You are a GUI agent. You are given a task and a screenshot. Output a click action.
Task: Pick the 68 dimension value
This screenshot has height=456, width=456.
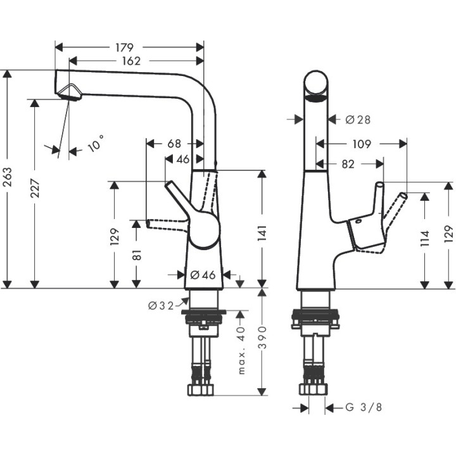[x=174, y=144]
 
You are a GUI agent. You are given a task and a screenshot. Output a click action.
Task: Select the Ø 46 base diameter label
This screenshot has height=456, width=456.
[x=203, y=275]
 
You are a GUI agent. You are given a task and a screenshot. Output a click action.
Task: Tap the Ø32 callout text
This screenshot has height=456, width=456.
[x=161, y=306]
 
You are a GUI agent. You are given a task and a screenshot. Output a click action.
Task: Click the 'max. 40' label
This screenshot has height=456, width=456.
[x=241, y=351]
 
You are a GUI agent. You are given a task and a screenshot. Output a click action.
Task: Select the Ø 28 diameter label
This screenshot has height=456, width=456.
[x=358, y=118]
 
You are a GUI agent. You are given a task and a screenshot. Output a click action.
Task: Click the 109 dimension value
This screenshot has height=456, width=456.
[x=360, y=144]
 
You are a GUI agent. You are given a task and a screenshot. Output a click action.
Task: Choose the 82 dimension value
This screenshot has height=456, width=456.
[x=348, y=163]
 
